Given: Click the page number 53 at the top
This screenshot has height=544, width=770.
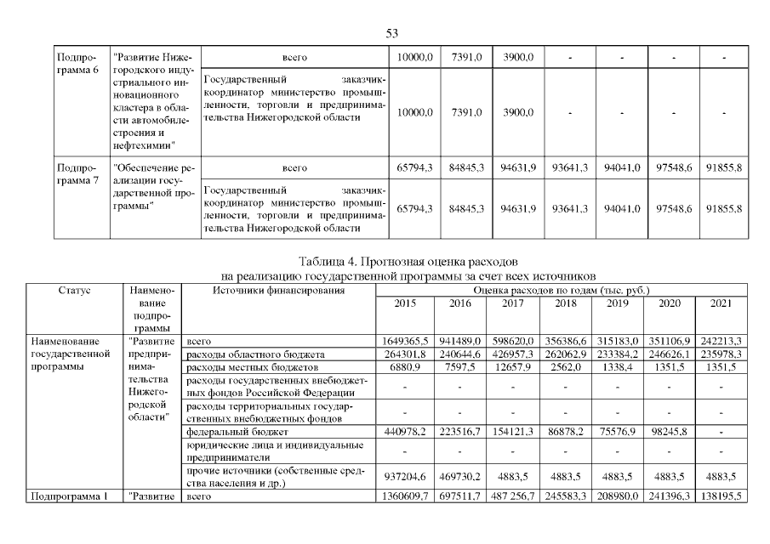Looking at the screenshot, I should point(392,33).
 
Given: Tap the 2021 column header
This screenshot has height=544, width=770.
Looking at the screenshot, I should point(721,303).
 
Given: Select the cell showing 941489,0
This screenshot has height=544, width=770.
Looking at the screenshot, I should point(459,340).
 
